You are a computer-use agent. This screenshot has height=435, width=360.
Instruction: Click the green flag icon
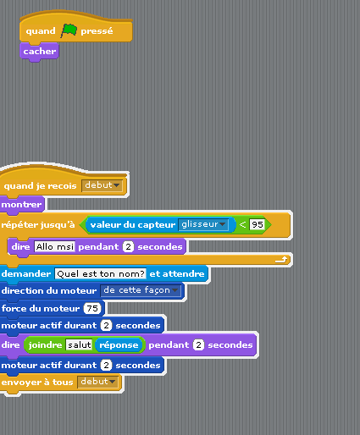pos(69,30)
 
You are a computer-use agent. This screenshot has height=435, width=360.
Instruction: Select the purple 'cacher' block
pos(39,52)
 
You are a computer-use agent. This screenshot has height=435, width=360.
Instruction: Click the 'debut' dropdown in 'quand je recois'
pos(102,185)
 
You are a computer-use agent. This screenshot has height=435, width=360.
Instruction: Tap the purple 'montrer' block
pos(21,205)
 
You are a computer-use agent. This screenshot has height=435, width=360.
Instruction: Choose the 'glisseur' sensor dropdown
pos(203,224)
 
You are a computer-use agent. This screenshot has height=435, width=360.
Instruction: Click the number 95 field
pos(258,224)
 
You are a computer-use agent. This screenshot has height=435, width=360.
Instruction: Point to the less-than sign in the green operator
pos(242,224)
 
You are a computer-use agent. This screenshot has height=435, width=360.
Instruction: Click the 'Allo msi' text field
pos(55,247)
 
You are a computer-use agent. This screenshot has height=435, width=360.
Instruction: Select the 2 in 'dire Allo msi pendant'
pos(128,247)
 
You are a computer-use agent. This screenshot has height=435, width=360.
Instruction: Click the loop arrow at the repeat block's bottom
pos(281,260)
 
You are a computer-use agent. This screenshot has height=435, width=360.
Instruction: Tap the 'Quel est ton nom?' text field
pos(101,274)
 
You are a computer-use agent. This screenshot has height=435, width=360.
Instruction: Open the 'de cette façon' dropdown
pos(141,290)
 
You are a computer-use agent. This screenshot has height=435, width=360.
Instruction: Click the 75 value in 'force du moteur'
pos(92,308)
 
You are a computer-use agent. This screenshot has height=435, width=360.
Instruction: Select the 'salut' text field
pos(79,344)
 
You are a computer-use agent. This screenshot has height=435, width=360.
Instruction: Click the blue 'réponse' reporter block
pos(119,344)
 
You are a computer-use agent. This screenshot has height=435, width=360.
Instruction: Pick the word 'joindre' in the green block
pos(45,345)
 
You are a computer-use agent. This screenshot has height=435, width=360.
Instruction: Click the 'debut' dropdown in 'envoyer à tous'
pos(98,382)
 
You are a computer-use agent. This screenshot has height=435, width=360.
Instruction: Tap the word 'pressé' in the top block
pos(97,31)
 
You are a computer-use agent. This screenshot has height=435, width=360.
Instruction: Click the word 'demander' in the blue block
pos(26,273)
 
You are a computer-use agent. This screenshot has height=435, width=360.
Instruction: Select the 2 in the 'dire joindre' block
pos(198,344)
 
